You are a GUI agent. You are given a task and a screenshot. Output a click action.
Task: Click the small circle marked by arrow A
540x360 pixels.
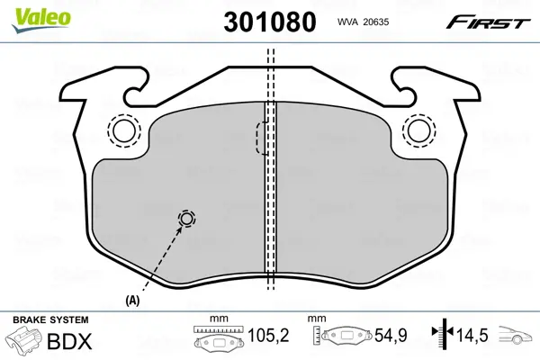pyautogui.click(x=186, y=219)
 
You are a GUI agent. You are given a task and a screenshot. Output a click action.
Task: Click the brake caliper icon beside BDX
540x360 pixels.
pyautogui.click(x=25, y=342)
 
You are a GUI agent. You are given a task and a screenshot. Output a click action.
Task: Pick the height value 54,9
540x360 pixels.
pyautogui.click(x=391, y=337)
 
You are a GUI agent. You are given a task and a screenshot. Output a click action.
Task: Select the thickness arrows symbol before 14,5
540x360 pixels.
pyautogui.click(x=441, y=337)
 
